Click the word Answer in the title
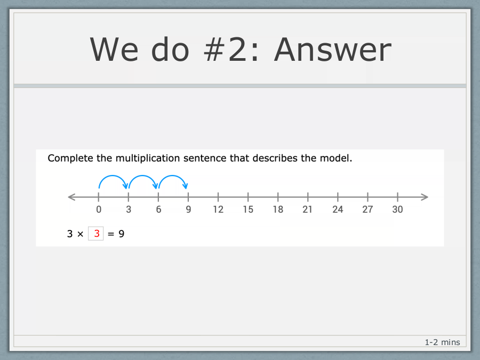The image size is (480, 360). [333, 50]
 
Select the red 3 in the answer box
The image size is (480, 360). [97, 234]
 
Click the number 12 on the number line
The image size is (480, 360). [218, 210]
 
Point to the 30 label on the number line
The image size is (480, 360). [397, 210]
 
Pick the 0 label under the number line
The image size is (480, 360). [99, 210]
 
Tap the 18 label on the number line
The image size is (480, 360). [278, 210]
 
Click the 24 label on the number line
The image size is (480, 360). [338, 210]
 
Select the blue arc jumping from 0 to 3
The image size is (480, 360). [113, 175]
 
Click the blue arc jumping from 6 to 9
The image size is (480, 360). [173, 175]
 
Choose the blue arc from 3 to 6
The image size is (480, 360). [142, 175]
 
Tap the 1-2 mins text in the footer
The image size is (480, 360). [442, 342]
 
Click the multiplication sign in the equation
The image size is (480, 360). [80, 234]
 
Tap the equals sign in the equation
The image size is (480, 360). [111, 234]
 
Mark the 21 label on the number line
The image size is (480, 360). [307, 210]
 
